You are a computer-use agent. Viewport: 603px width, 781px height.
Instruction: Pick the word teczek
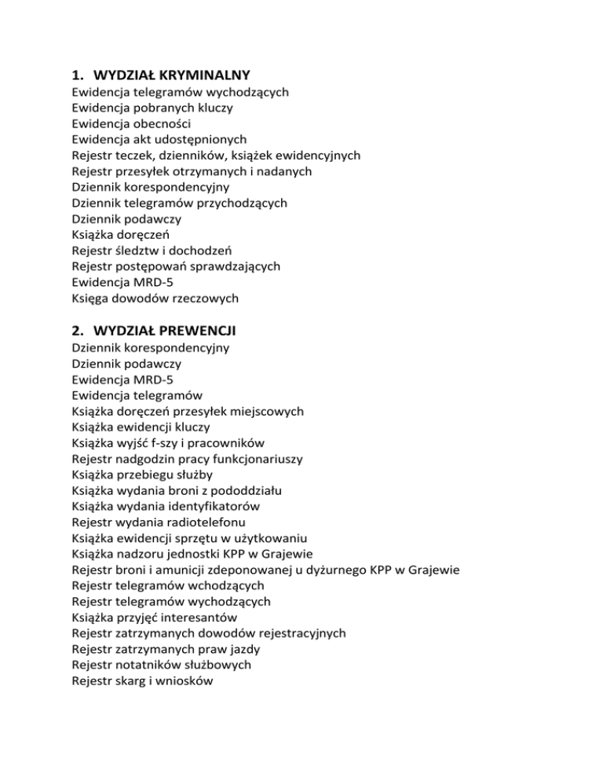click(134, 156)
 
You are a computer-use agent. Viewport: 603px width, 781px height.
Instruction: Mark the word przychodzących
click(237, 203)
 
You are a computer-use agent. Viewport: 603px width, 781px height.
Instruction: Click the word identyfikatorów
click(210, 506)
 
